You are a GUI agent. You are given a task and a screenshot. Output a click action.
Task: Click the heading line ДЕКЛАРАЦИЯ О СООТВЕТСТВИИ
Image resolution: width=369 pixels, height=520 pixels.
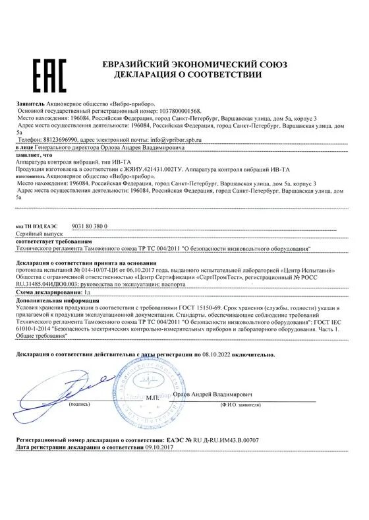coord(183,75)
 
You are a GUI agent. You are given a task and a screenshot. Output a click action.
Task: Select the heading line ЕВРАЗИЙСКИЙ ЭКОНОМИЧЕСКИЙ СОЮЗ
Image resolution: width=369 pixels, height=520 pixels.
coord(183,63)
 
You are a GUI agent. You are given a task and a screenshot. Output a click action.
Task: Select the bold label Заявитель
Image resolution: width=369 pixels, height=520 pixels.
coord(31,104)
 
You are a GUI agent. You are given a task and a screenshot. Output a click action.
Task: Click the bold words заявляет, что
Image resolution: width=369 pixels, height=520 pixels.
coord(34,156)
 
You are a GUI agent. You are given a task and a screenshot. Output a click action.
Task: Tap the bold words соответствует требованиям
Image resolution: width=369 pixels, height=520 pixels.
coord(47,241)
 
